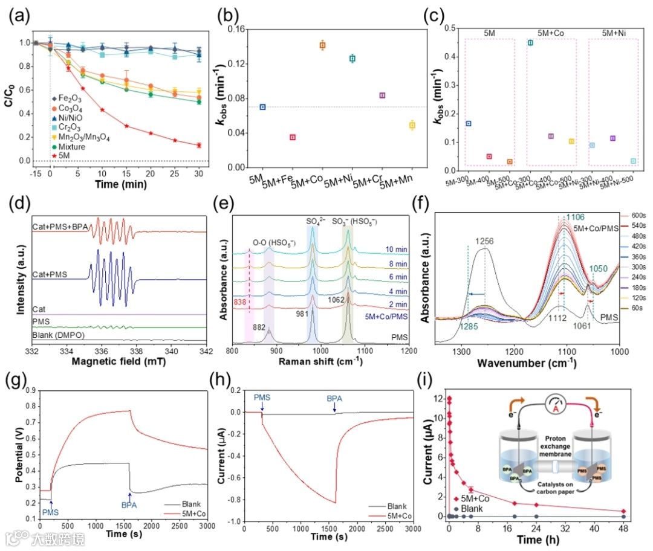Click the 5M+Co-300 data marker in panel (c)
click(530, 43)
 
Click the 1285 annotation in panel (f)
click(472, 327)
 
